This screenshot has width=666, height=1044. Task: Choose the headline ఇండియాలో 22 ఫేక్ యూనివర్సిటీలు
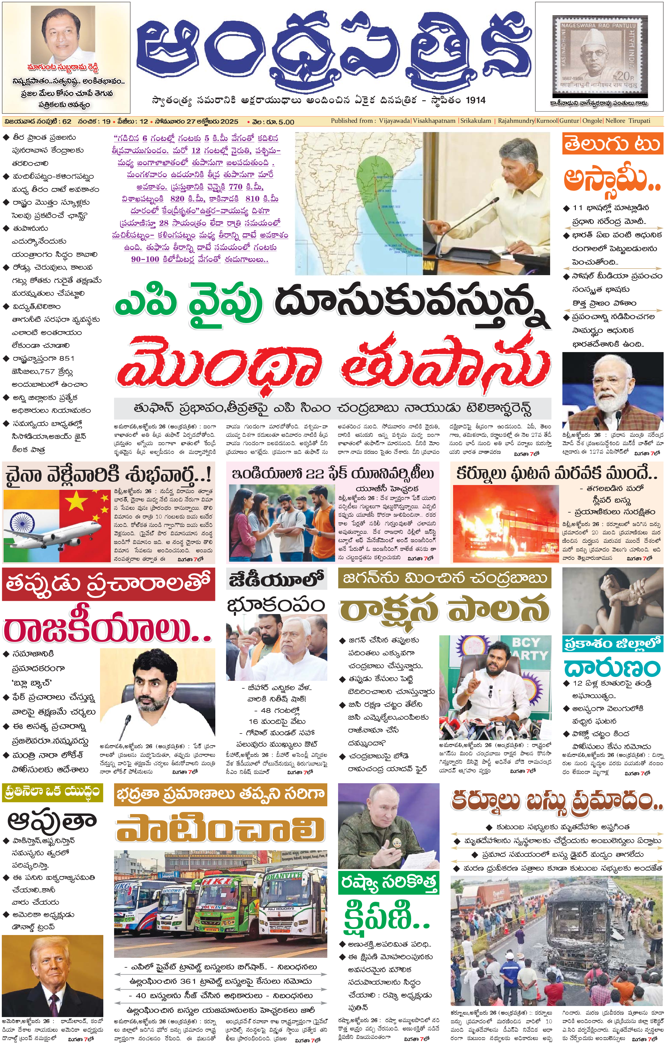[333, 473]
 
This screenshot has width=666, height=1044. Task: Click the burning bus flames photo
[505, 523]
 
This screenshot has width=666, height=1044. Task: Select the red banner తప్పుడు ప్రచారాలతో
[108, 584]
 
